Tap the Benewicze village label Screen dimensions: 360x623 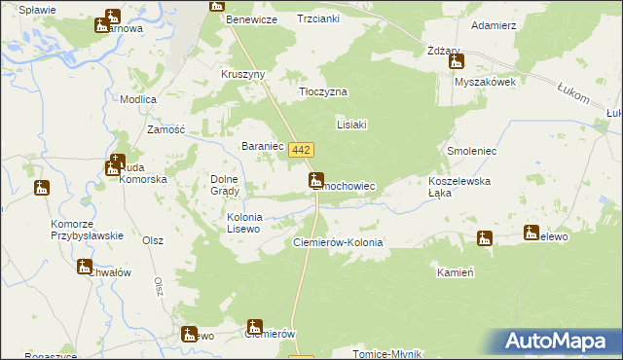pyautogui.click(x=251, y=19)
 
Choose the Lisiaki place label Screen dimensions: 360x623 pyautogui.click(x=350, y=125)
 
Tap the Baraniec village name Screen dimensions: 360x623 pyautogui.click(x=261, y=147)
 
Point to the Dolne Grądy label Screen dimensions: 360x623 pyautogui.click(x=231, y=184)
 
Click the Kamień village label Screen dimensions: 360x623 pyautogui.click(x=455, y=273)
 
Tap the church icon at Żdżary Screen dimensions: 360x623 pyautogui.click(x=457, y=62)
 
